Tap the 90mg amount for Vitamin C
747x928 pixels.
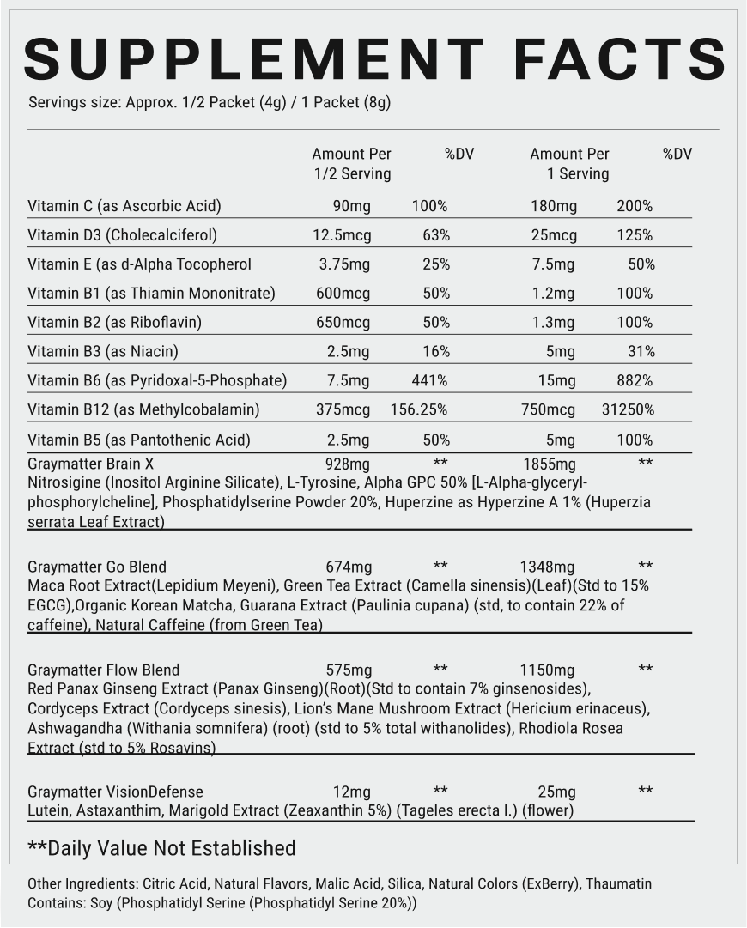tap(351, 206)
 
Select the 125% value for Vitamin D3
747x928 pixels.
tap(635, 235)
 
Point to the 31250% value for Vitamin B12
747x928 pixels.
tap(628, 409)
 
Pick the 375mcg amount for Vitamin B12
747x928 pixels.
tap(343, 409)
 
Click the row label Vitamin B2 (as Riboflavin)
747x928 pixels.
tap(119, 323)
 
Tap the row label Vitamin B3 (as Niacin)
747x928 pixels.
tap(103, 351)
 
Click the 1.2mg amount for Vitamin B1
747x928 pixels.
tap(554, 294)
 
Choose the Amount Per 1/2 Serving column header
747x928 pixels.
tap(351, 164)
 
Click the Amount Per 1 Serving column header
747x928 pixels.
tap(569, 164)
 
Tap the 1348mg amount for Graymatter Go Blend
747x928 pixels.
tap(547, 567)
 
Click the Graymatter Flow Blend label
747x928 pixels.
tap(104, 670)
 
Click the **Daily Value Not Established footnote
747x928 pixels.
tap(161, 848)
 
